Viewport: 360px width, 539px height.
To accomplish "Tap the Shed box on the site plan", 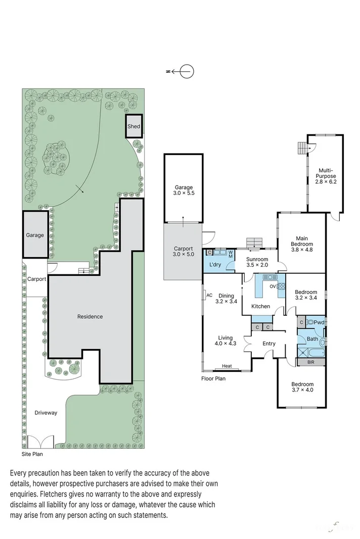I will [133, 126].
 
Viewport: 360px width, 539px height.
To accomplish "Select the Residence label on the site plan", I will [90, 317].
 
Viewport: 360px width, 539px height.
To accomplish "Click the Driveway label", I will [46, 413].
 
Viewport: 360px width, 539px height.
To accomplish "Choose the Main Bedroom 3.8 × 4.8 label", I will [302, 241].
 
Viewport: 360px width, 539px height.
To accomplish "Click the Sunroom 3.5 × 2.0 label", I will [258, 262].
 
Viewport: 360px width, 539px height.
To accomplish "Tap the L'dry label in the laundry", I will [214, 264].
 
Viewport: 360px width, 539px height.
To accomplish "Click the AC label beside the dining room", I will [209, 296].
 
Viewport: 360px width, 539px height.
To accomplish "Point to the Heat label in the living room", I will [227, 367].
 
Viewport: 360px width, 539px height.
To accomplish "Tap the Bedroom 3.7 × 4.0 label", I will [302, 387].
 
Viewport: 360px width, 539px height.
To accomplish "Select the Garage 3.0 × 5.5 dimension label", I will [184, 190].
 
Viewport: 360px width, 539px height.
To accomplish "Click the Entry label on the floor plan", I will [268, 344].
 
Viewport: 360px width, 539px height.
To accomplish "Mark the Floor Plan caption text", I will [213, 378].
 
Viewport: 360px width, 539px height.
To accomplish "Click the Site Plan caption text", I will [32, 454].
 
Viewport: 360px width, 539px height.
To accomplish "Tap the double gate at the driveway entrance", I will [40, 442].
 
